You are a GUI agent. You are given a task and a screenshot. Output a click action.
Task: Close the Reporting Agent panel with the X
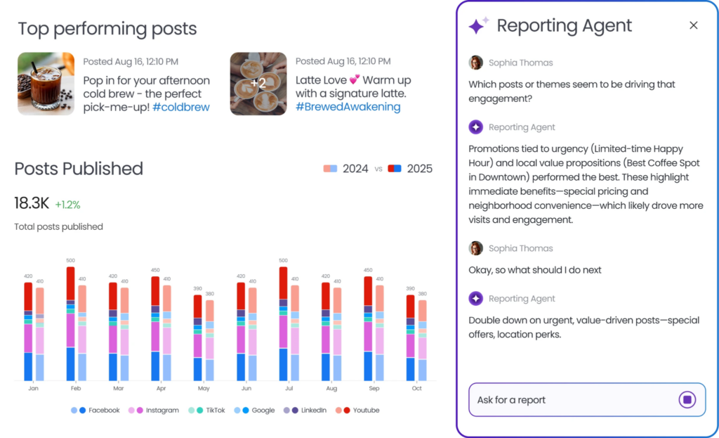693,25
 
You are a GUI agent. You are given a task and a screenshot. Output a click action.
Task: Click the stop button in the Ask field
687,399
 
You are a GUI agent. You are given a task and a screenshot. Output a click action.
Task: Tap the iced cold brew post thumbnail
46,84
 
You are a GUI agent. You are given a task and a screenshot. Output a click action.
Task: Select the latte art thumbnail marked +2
258,84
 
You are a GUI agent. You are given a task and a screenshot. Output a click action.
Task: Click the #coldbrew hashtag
181,107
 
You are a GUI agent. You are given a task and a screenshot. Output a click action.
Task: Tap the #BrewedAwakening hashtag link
348,107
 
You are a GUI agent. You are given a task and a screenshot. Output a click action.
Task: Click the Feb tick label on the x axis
76,388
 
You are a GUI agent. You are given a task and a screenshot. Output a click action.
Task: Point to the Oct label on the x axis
416,388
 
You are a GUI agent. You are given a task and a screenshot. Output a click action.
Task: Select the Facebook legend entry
95,410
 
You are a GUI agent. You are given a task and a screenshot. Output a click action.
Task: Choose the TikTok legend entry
206,410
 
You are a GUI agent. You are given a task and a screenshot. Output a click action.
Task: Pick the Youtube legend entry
357,410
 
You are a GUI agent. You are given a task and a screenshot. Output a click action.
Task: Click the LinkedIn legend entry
305,410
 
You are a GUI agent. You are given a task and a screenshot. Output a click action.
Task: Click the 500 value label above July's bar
284,260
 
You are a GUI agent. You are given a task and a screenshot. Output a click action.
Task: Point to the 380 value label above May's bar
209,294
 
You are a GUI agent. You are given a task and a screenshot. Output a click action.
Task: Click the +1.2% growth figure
67,205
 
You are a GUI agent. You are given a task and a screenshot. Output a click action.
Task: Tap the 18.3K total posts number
32,203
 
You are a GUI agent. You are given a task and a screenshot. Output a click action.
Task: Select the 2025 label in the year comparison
420,169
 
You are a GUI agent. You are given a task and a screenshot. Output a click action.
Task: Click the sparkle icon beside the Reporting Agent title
478,25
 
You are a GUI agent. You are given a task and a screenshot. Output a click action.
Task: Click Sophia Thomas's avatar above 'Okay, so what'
476,248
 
